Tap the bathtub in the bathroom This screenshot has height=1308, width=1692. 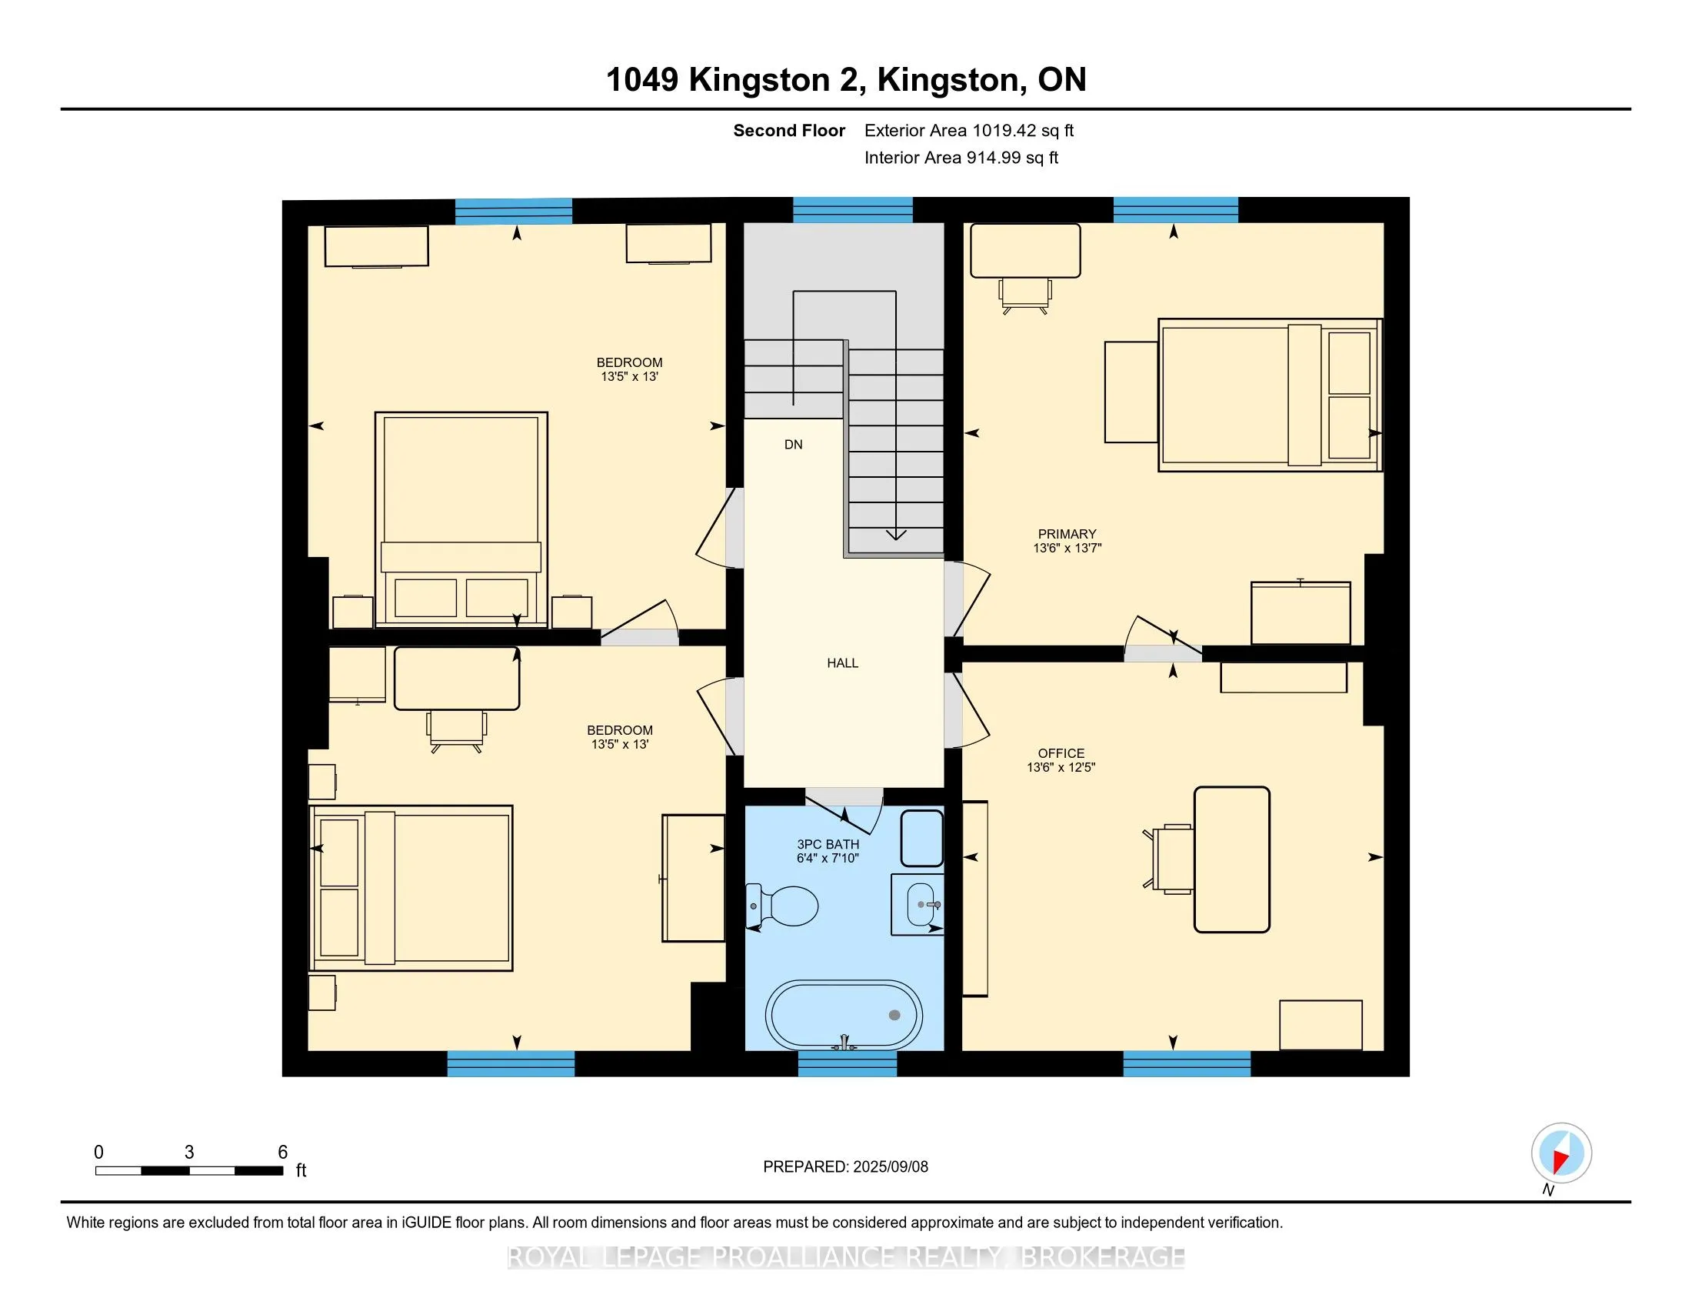(844, 1015)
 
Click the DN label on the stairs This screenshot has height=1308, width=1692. (794, 445)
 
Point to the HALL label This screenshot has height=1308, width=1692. (843, 663)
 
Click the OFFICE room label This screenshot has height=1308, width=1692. (1061, 753)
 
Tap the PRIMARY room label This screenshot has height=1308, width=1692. (1067, 534)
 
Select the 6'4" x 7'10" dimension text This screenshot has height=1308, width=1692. (828, 858)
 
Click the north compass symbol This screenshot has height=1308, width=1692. (1561, 1153)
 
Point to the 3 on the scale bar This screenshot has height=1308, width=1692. (189, 1153)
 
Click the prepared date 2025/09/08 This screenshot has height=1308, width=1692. (890, 1167)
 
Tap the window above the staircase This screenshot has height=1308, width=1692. (853, 210)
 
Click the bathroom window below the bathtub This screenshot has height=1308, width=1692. (848, 1064)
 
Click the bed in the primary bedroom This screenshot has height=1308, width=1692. (1270, 395)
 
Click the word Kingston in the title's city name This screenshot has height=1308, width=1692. (948, 80)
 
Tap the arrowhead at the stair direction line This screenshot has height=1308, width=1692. (896, 534)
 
